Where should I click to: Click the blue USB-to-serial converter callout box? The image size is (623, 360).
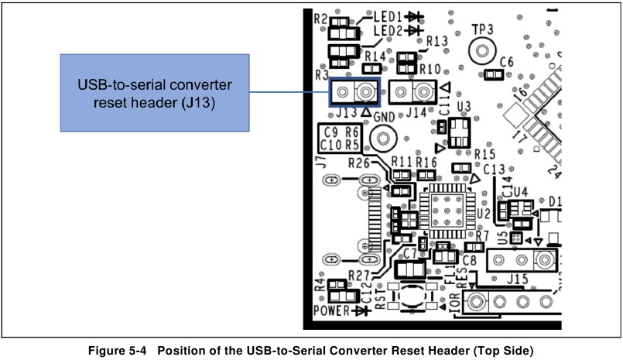(x=155, y=92)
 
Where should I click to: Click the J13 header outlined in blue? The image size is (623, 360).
(x=355, y=93)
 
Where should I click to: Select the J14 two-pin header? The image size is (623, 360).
(x=411, y=93)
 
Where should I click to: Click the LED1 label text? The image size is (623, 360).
(x=389, y=15)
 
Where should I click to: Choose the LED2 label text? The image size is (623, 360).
(x=389, y=30)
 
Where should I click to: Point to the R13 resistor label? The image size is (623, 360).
(x=437, y=41)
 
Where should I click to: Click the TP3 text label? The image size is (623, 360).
(x=483, y=29)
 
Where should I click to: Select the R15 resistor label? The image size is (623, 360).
(x=485, y=154)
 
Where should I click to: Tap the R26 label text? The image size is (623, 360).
(x=359, y=163)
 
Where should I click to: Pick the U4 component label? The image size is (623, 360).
(x=520, y=190)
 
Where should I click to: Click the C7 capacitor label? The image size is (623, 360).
(x=410, y=254)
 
